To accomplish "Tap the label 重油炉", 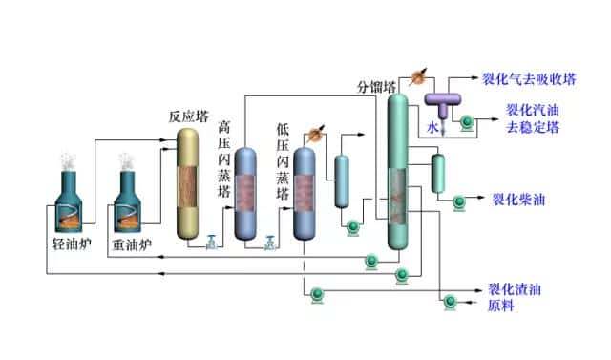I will (x=133, y=244).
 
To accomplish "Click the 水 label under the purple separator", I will (x=432, y=125).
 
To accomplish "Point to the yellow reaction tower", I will (x=194, y=181).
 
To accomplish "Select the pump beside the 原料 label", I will (x=450, y=304).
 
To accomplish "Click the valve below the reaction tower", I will (x=211, y=244).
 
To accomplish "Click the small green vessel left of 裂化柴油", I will (x=438, y=171).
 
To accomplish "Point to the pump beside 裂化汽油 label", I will (x=466, y=121).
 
